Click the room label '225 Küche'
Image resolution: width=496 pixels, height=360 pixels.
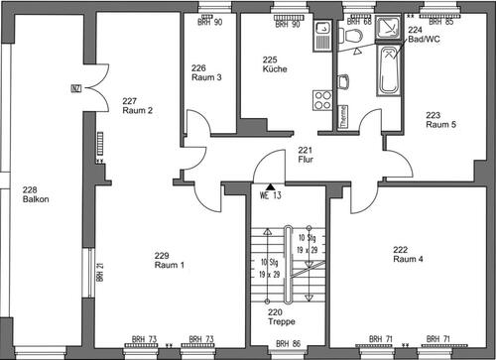(x=276, y=64)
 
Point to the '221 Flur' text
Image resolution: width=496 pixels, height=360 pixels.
(x=306, y=154)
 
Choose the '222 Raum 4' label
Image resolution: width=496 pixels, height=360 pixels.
(x=408, y=253)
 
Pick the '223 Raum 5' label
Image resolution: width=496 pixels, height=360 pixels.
(x=440, y=120)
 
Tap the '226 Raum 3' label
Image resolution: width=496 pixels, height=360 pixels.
(x=206, y=71)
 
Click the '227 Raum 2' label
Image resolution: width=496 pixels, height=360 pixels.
(x=136, y=105)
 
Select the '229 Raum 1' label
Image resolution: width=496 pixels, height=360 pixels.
(x=169, y=261)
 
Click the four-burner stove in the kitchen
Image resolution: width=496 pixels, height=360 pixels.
(x=322, y=98)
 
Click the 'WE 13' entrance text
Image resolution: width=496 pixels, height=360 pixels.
(x=271, y=194)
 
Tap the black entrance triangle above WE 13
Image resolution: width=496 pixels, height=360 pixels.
(x=270, y=184)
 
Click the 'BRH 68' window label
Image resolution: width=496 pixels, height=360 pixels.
(x=361, y=23)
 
